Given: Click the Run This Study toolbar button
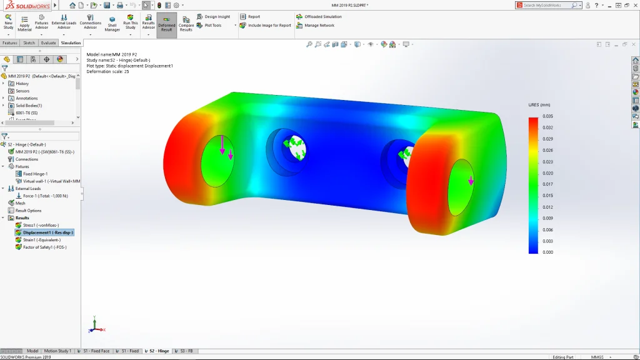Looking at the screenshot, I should (130, 22).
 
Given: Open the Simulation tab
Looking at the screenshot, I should (71, 43).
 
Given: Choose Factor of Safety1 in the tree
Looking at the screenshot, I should (44, 247).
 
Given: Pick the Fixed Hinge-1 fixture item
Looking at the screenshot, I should (35, 174).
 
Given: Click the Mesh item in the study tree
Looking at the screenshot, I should (20, 203).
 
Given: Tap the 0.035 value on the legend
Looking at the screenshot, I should (547, 116).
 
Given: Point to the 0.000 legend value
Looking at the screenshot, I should (547, 252).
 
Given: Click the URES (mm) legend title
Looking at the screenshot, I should (539, 105).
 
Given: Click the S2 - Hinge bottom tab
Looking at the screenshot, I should (158, 351).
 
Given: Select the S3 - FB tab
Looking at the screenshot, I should (186, 351).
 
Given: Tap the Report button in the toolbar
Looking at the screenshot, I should (254, 17).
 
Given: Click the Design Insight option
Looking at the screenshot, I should (217, 17).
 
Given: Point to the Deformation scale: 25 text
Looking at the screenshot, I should (108, 71).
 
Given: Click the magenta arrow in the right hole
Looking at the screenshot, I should (471, 181).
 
